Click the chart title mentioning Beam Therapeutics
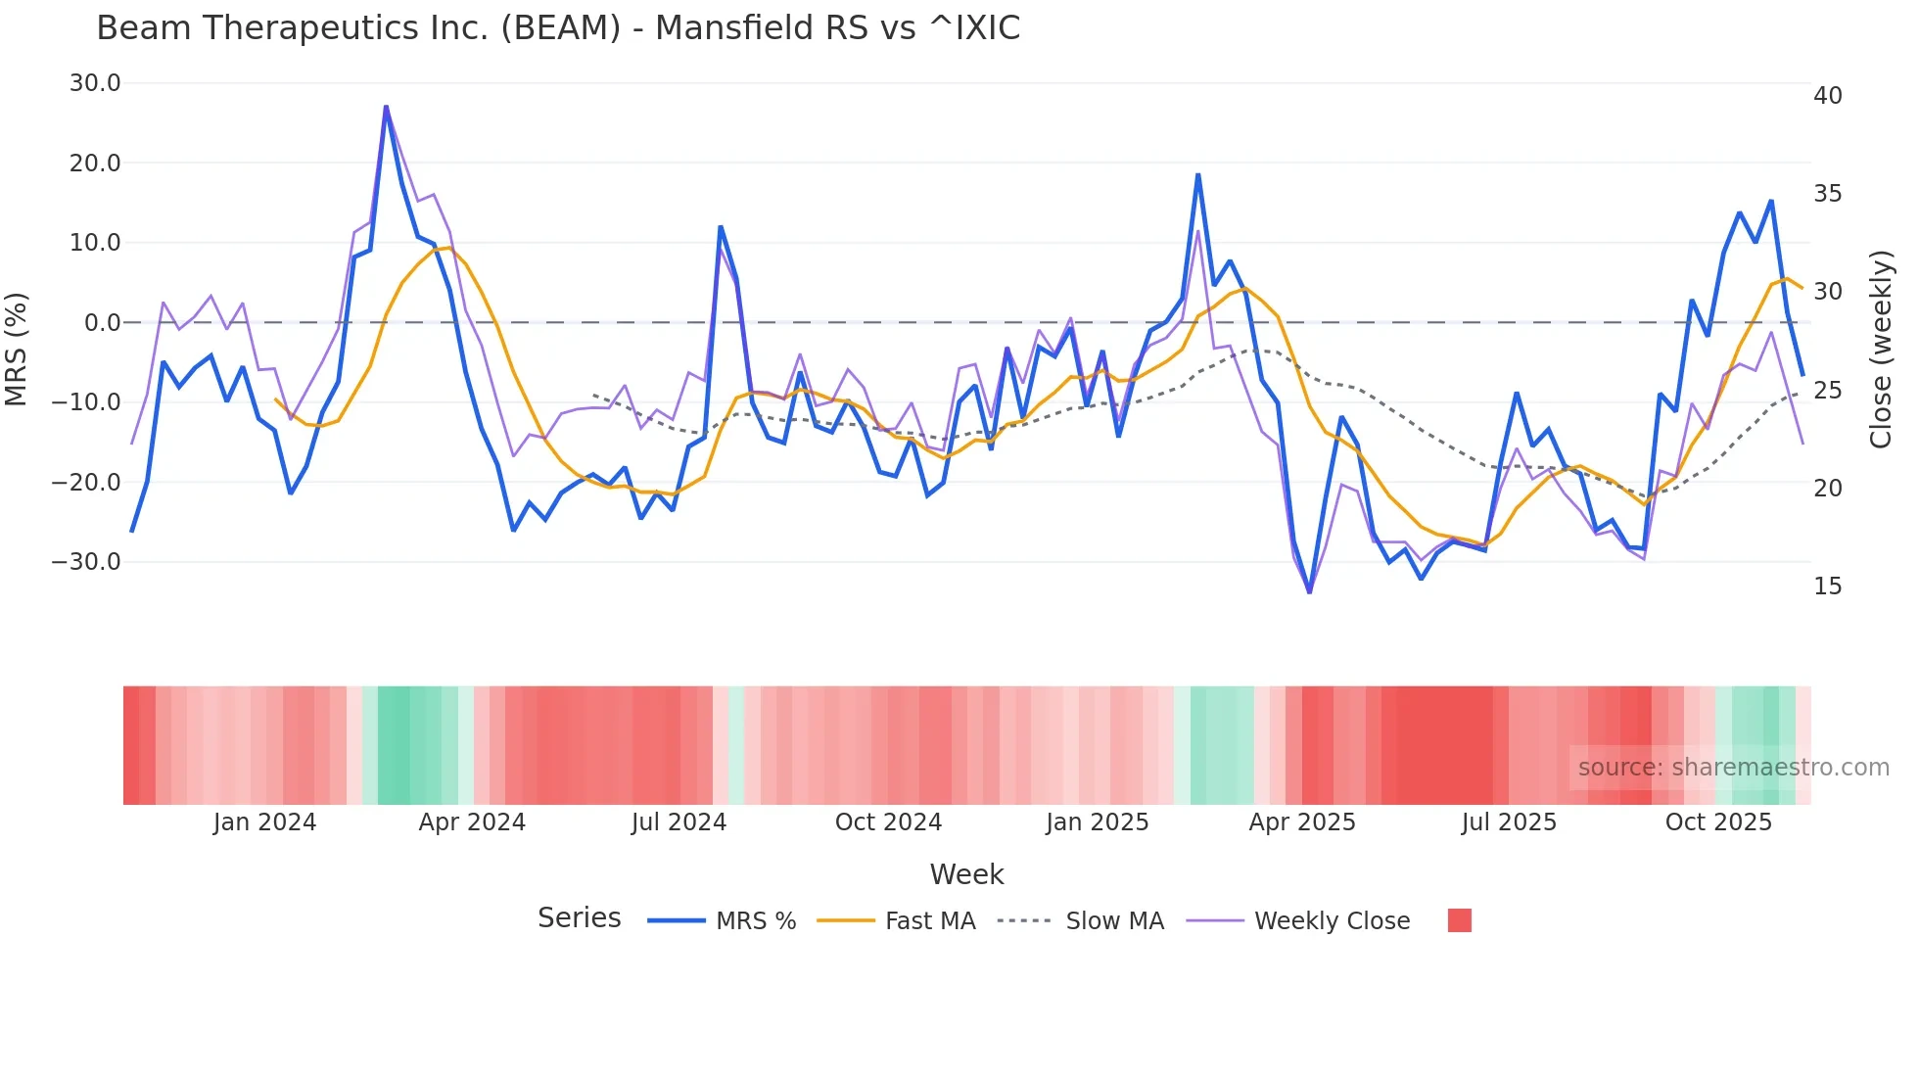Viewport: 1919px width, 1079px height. [558, 28]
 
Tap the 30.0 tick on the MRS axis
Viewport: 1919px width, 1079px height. [95, 83]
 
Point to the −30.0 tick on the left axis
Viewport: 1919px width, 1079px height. [86, 562]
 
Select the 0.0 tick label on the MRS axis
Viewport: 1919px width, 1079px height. [102, 323]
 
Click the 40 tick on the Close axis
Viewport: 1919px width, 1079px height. [1827, 96]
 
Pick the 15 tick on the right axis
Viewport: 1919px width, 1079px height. [1827, 586]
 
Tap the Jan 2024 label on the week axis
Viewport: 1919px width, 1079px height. [264, 822]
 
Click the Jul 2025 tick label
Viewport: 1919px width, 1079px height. [1509, 822]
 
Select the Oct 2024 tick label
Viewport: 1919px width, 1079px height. [888, 822]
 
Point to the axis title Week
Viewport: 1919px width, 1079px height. [966, 874]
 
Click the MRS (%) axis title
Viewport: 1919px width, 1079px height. [17, 349]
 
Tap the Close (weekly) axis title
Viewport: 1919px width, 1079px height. [1881, 350]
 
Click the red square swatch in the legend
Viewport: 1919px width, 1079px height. [1459, 920]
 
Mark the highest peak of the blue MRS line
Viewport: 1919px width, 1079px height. [386, 107]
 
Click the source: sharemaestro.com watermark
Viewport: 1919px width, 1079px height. [1733, 768]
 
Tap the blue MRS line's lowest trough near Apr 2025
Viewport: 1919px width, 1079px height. [1310, 591]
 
